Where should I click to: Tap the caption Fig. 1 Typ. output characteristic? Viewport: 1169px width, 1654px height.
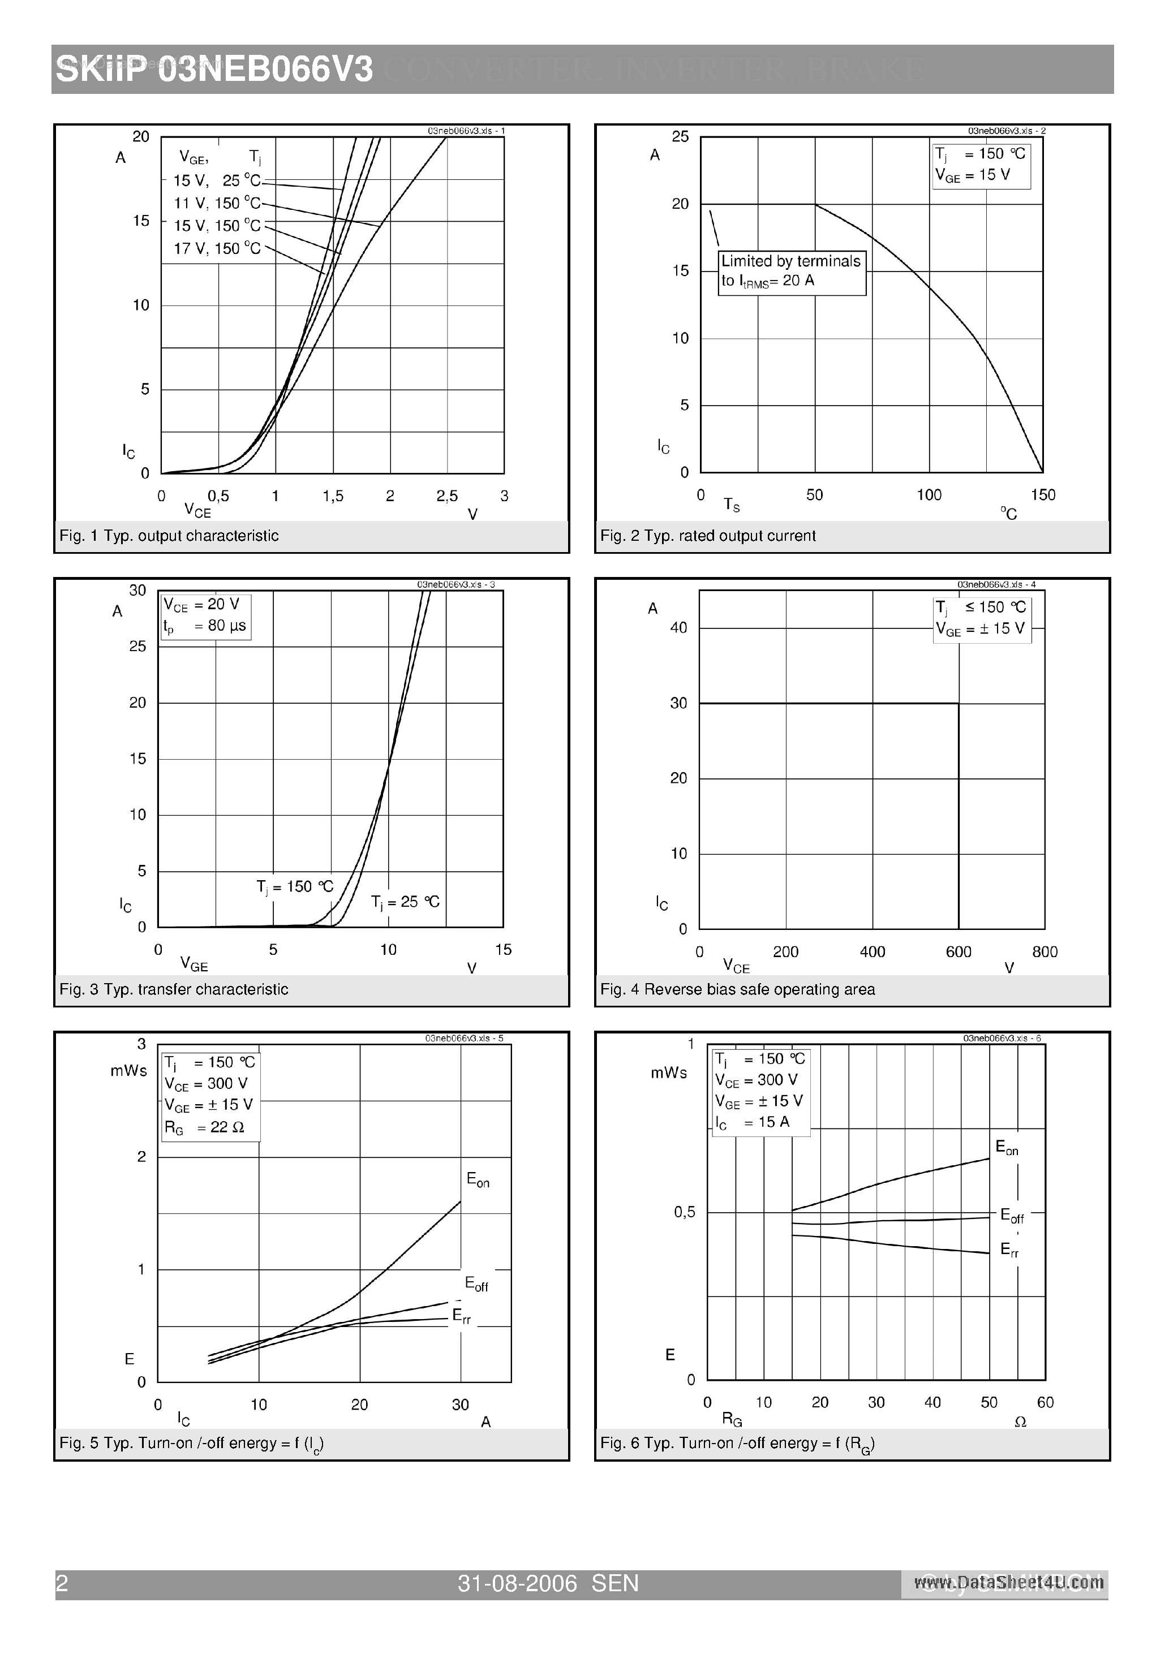click(x=169, y=536)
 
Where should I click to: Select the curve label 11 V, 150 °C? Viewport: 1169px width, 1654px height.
click(x=217, y=204)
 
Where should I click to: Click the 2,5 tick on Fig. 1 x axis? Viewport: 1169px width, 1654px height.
click(x=447, y=496)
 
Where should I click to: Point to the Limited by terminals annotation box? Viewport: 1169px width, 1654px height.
click(x=792, y=272)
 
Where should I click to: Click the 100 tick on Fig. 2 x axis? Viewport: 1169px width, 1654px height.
click(x=929, y=495)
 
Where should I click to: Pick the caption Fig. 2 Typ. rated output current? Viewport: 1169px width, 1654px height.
click(x=708, y=536)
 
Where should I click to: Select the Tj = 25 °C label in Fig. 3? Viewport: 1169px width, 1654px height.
click(x=405, y=902)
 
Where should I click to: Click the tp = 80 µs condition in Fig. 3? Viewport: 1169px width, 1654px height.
click(x=205, y=626)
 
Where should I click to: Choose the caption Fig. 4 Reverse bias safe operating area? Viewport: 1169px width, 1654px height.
click(x=737, y=990)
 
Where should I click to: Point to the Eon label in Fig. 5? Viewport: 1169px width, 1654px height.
click(x=478, y=1180)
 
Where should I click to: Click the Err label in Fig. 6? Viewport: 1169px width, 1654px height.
click(x=1010, y=1250)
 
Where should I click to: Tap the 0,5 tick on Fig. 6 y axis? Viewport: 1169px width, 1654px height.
click(x=685, y=1212)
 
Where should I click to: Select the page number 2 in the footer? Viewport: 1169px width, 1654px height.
click(x=62, y=1583)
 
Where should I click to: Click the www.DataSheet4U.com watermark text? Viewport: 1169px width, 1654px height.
click(x=1008, y=1583)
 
